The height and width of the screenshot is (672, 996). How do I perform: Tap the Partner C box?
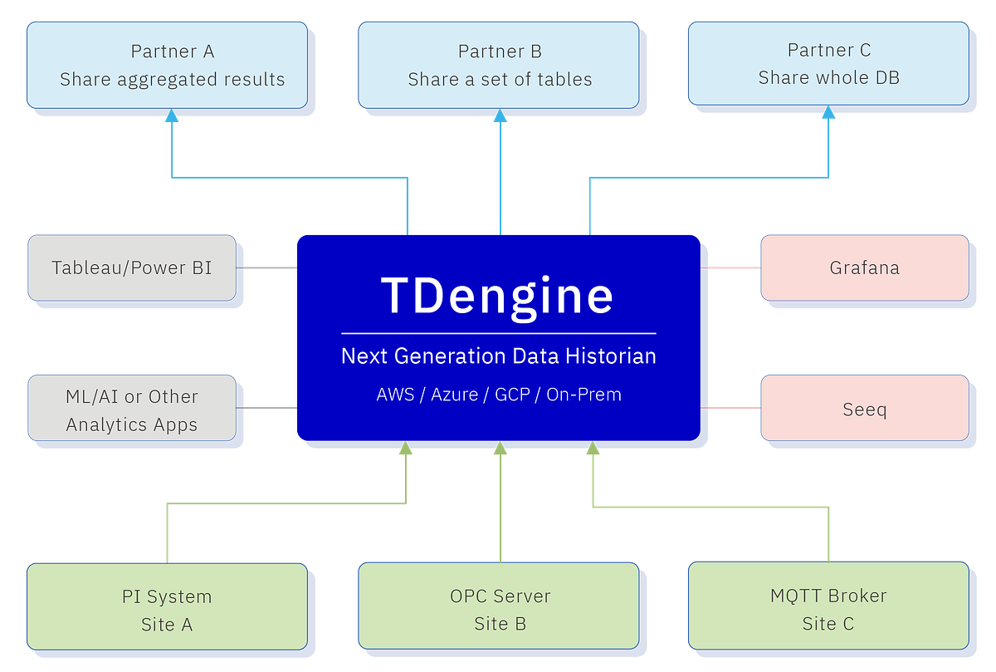(828, 63)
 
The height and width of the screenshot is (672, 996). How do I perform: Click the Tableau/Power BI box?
(131, 267)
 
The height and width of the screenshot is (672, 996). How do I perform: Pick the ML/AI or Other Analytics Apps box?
(131, 410)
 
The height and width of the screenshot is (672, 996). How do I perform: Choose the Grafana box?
(864, 267)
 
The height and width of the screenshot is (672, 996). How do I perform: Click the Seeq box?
(864, 409)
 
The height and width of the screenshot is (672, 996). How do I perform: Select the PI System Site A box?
(166, 610)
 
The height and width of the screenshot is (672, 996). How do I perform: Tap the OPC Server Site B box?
(499, 610)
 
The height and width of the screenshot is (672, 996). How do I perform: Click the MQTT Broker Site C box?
(828, 610)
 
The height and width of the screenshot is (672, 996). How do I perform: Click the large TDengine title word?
(498, 294)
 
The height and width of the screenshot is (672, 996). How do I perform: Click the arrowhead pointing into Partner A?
(172, 117)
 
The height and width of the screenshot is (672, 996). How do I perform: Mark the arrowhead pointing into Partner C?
(828, 117)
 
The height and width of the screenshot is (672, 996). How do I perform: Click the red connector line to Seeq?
(732, 407)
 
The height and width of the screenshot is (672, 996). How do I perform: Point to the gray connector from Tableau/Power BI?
(267, 267)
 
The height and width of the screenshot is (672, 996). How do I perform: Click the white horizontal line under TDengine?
(498, 333)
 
